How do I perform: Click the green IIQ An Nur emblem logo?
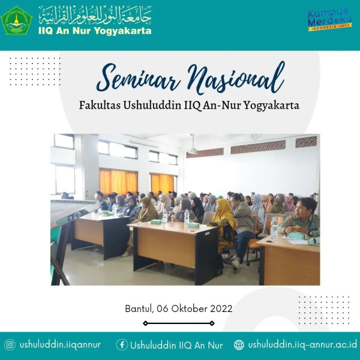point(16,21)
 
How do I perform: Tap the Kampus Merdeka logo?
point(329,20)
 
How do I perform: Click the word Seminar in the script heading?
point(139,79)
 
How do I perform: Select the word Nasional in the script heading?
point(236,77)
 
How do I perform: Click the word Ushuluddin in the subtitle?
point(152,106)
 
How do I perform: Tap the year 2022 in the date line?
point(221,308)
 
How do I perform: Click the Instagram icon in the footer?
point(10,345)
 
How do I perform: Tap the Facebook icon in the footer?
point(122,345)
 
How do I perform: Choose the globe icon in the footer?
point(239,345)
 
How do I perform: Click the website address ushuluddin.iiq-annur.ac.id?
point(302,345)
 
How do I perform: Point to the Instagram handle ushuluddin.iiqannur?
point(60,345)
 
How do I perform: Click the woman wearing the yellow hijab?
point(223,225)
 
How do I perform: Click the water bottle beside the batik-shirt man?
point(274,229)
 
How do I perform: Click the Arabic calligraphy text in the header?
point(95,15)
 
